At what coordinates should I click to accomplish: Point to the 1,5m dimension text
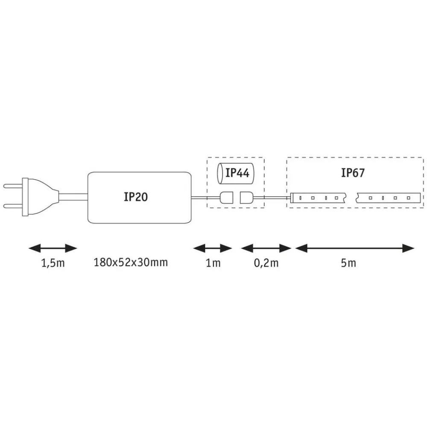tap(53, 263)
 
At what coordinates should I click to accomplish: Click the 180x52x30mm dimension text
tap(131, 262)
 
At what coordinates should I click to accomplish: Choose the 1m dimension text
tap(213, 263)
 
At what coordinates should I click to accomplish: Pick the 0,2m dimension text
tap(266, 263)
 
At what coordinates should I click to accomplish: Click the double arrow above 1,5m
tap(52, 248)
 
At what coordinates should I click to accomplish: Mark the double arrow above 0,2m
tap(266, 248)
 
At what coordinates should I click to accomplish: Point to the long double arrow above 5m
tap(355, 248)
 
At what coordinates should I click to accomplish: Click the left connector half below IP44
tap(226, 198)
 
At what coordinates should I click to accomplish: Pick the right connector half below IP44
tap(246, 198)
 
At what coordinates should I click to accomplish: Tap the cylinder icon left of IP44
tap(219, 173)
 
